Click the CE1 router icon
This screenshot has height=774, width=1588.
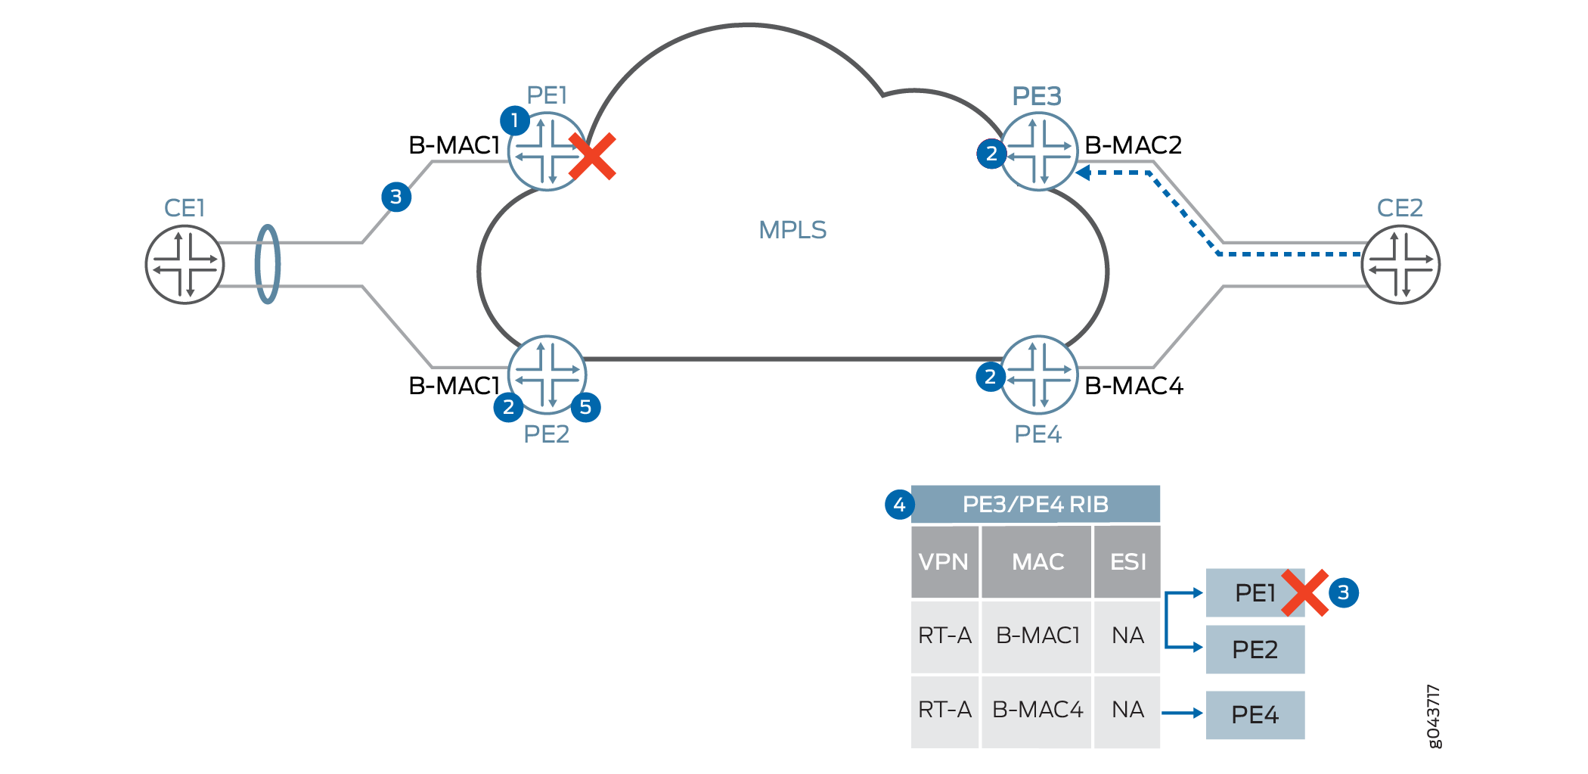(185, 265)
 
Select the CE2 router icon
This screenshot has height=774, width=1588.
(1400, 265)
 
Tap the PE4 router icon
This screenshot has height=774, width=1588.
(1039, 375)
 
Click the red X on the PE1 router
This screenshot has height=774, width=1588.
(593, 157)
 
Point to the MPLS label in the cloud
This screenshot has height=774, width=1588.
(792, 230)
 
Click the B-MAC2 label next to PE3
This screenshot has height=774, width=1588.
(1133, 145)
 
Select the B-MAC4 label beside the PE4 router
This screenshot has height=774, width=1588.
(1134, 386)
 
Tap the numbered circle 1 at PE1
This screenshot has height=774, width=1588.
(515, 120)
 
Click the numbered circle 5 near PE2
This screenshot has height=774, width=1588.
(585, 407)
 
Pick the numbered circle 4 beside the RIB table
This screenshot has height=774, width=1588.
(899, 505)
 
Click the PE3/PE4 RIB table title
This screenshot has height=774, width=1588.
(1035, 505)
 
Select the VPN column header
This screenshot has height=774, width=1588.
(944, 562)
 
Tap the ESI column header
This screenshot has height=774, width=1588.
(1127, 562)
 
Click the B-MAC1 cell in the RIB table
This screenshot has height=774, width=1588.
(1037, 636)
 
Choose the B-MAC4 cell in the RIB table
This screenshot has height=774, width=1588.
(1037, 710)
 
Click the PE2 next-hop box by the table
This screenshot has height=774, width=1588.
(1255, 649)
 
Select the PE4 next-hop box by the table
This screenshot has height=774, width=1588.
(1255, 714)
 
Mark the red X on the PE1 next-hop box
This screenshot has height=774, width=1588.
(1305, 593)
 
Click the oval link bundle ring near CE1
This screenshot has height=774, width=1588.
(268, 264)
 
